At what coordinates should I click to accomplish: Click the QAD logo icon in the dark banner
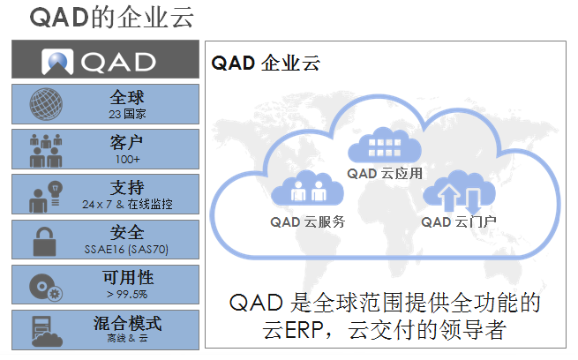pyautogui.click(x=57, y=62)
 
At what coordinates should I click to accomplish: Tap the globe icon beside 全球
pyautogui.click(x=46, y=104)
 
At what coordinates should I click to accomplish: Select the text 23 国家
pyautogui.click(x=127, y=114)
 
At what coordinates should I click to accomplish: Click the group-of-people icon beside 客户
pyautogui.click(x=46, y=150)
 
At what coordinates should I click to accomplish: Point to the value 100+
pyautogui.click(x=128, y=159)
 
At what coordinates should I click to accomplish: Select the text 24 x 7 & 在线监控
pyautogui.click(x=127, y=204)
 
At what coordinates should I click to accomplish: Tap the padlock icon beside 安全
pyautogui.click(x=44, y=242)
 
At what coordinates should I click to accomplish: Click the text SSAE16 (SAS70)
pyautogui.click(x=126, y=250)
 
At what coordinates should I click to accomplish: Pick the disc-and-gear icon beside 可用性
pyautogui.click(x=46, y=287)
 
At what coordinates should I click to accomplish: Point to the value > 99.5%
pyautogui.click(x=127, y=294)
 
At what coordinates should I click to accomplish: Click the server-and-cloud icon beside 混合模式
pyautogui.click(x=47, y=331)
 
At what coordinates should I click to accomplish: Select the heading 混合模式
pyautogui.click(x=127, y=323)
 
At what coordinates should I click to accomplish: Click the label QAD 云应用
pyautogui.click(x=385, y=173)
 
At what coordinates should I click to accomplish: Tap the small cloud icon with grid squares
pyautogui.click(x=385, y=146)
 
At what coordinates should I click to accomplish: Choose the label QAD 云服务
pyautogui.click(x=307, y=221)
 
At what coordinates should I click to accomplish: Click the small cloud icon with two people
pyautogui.click(x=307, y=188)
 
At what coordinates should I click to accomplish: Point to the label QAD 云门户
pyautogui.click(x=459, y=221)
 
